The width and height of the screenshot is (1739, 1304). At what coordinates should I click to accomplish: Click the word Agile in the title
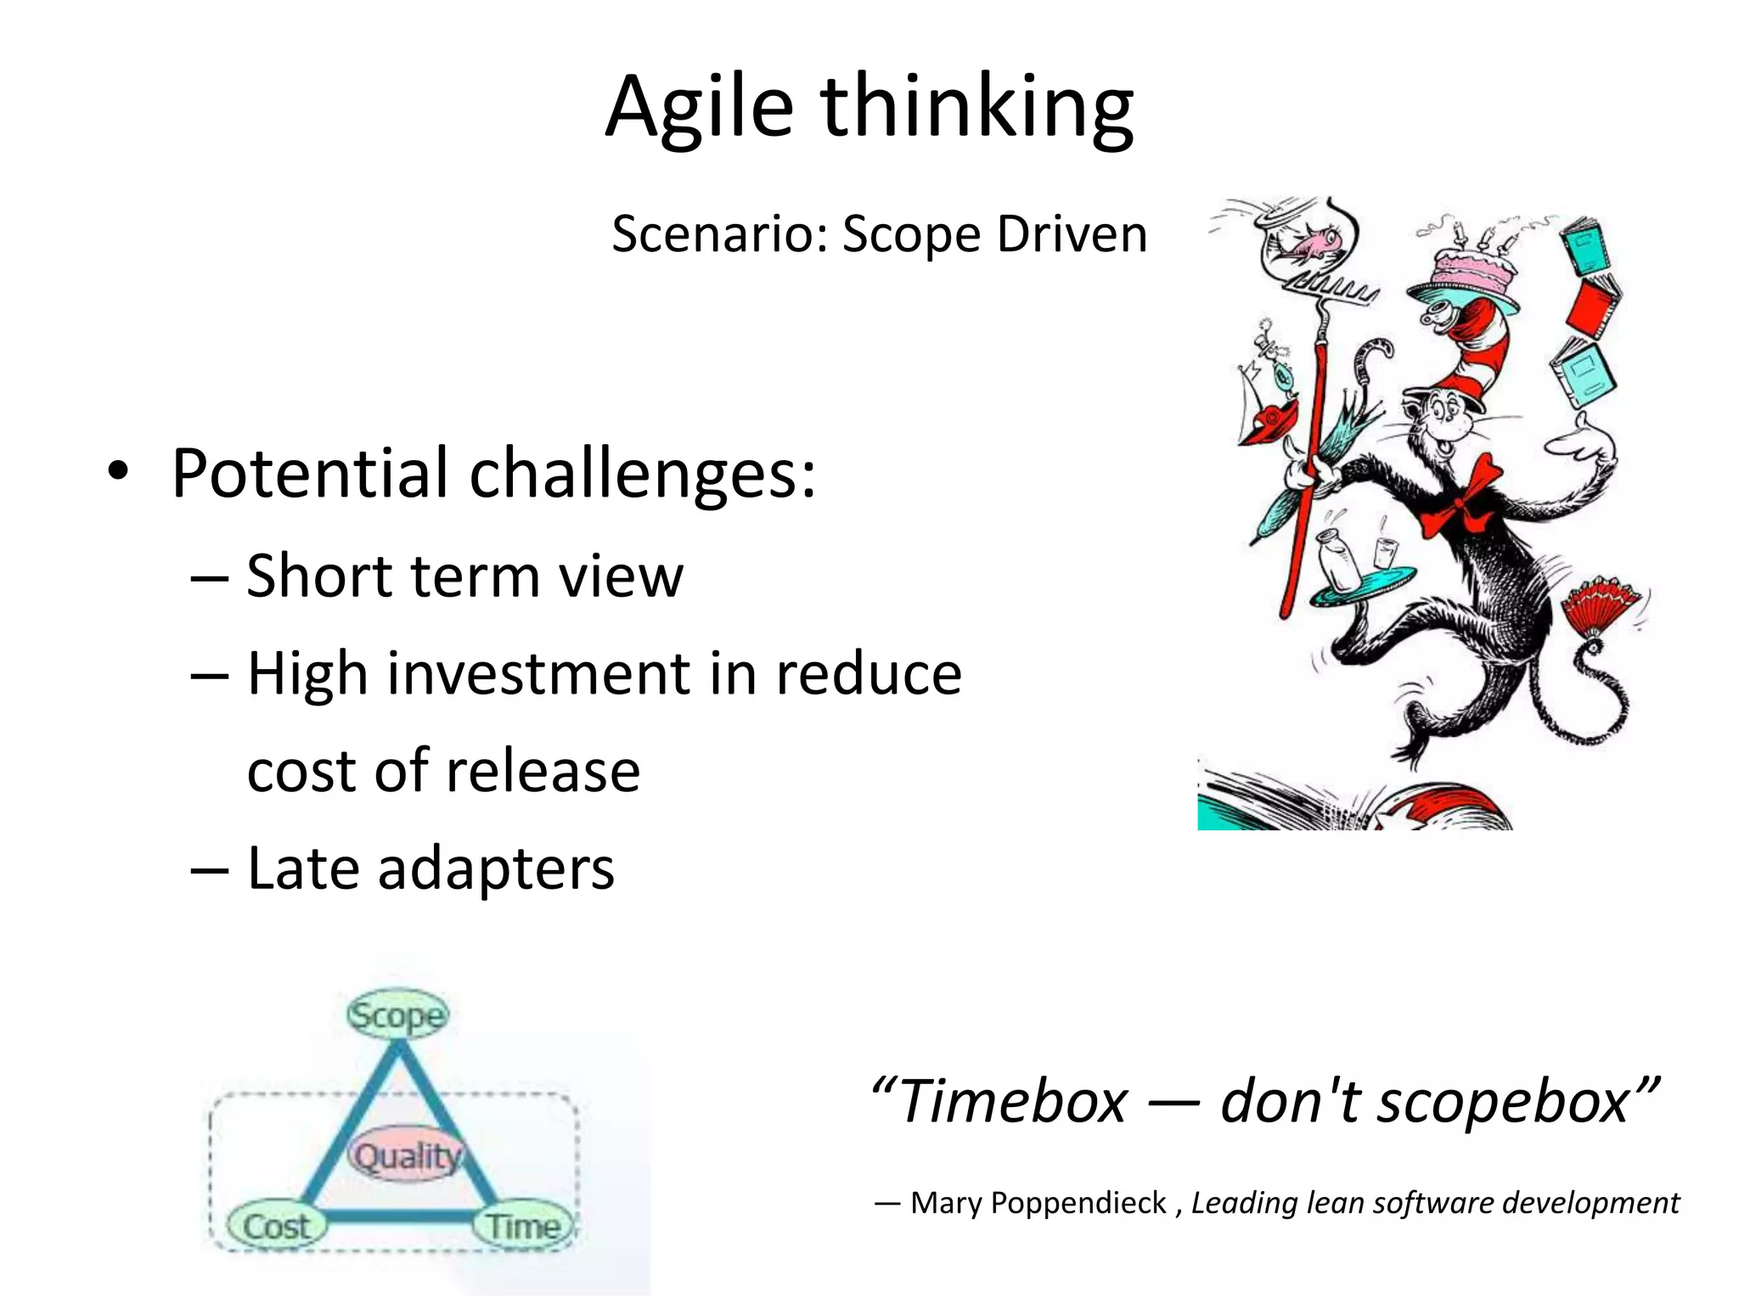[698, 109]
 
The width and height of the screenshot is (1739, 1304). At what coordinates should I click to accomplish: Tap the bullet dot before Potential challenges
[118, 472]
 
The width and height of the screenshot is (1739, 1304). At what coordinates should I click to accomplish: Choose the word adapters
[495, 869]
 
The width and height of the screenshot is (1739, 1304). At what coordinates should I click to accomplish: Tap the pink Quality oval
[406, 1155]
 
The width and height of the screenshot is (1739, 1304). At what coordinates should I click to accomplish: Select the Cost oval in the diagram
[276, 1226]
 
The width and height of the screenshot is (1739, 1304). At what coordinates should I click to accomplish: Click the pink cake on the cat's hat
[1469, 272]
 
